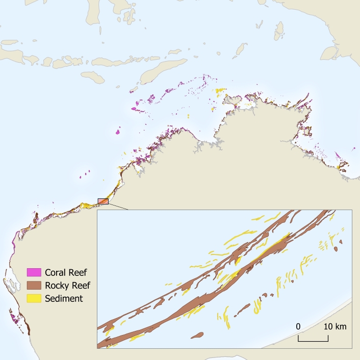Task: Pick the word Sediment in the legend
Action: point(64,298)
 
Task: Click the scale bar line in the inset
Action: point(313,340)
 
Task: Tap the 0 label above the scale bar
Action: point(298,327)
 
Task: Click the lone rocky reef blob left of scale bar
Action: point(196,335)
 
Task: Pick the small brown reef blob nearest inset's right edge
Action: point(337,248)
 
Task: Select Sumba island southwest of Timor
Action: point(93,76)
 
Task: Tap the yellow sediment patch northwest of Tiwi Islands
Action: point(220,91)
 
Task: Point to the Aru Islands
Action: point(279,32)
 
